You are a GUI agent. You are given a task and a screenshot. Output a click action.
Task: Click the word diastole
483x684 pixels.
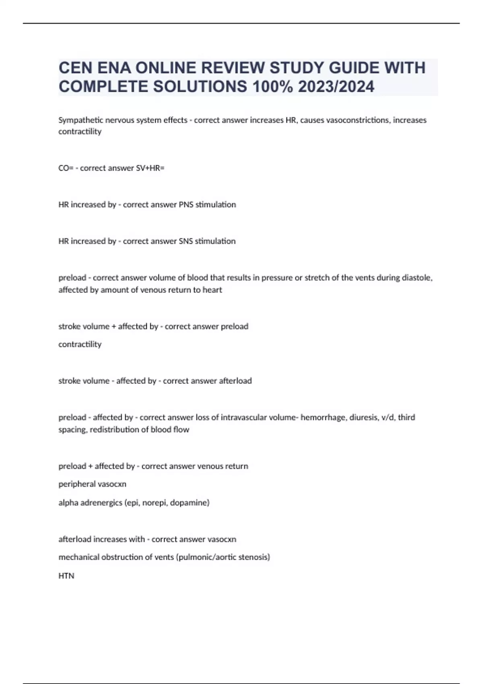point(417,278)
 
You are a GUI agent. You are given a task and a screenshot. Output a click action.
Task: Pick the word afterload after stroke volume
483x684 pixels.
point(235,381)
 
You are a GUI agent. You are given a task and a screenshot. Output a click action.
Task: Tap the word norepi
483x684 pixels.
point(155,503)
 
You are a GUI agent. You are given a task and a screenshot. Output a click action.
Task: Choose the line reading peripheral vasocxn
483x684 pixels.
point(92,484)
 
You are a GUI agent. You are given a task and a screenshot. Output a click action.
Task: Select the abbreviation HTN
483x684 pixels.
point(66,576)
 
